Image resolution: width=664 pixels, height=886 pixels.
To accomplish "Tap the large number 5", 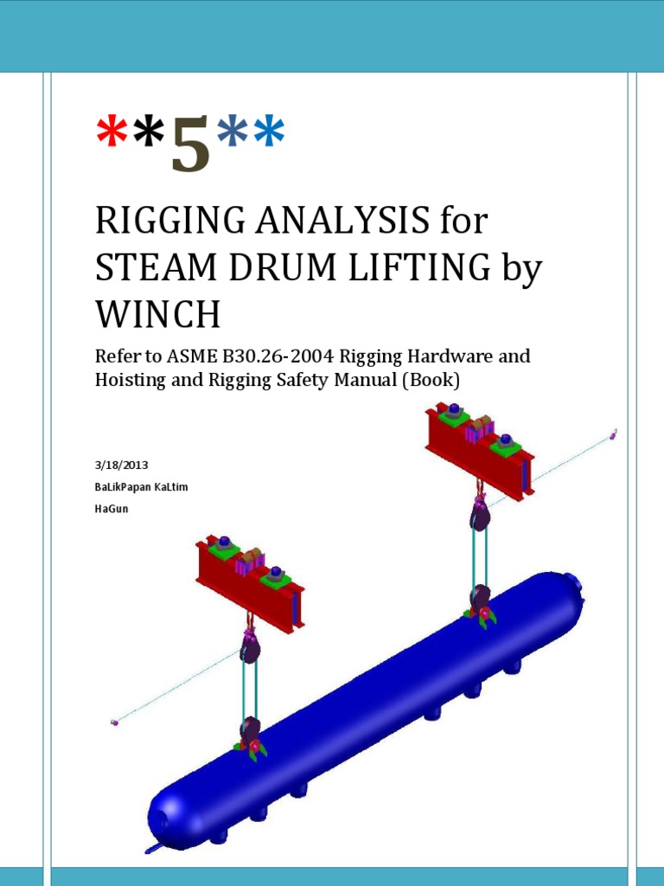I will point(191,144).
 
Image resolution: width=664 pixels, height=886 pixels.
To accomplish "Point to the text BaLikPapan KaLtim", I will point(141,487).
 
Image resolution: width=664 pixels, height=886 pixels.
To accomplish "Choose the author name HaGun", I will point(111,509).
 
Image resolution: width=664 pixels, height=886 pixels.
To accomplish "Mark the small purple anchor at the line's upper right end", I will point(613,434).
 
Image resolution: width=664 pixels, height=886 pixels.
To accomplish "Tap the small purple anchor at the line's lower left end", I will point(114,721).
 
